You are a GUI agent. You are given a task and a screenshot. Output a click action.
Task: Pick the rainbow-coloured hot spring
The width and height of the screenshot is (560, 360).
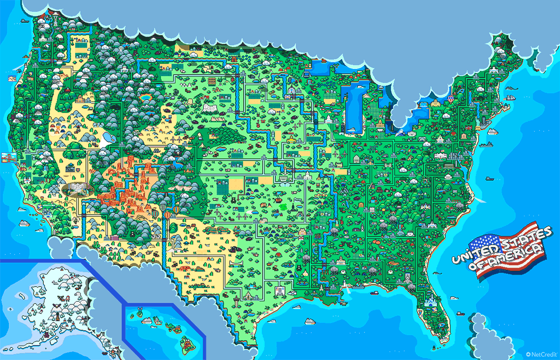(x=146, y=97)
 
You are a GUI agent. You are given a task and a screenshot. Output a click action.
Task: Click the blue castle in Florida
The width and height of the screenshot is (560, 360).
(x=430, y=303)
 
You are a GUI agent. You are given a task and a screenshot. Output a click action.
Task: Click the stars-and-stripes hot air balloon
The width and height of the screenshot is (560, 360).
(x=168, y=215)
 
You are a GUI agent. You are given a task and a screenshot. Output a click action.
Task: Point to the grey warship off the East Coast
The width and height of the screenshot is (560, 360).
(x=488, y=144)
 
